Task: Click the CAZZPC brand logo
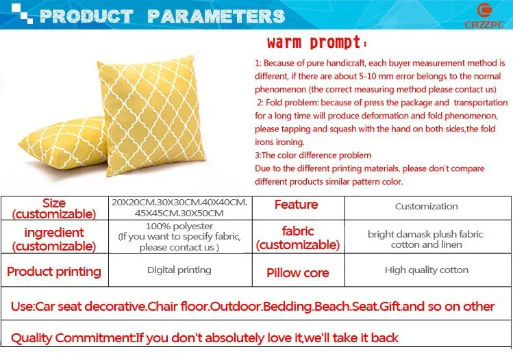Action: click(484, 16)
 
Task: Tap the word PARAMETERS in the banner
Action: click(216, 16)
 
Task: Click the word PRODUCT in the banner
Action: click(86, 16)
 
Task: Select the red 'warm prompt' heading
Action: click(316, 42)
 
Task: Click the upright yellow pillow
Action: click(151, 115)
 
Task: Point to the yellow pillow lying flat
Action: click(63, 143)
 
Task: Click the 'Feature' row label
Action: click(296, 205)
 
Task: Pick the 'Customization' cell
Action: click(426, 206)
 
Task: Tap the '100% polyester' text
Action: click(179, 226)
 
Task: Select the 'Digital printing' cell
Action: click(179, 270)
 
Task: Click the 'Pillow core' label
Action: click(297, 272)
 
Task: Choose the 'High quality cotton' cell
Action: click(426, 270)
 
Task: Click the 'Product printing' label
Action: click(54, 272)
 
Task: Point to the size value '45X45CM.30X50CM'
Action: click(179, 213)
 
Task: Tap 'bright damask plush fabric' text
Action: click(425, 234)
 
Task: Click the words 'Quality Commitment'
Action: click(73, 338)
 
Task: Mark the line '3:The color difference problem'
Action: click(313, 155)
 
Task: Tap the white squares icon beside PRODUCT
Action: click(22, 14)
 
